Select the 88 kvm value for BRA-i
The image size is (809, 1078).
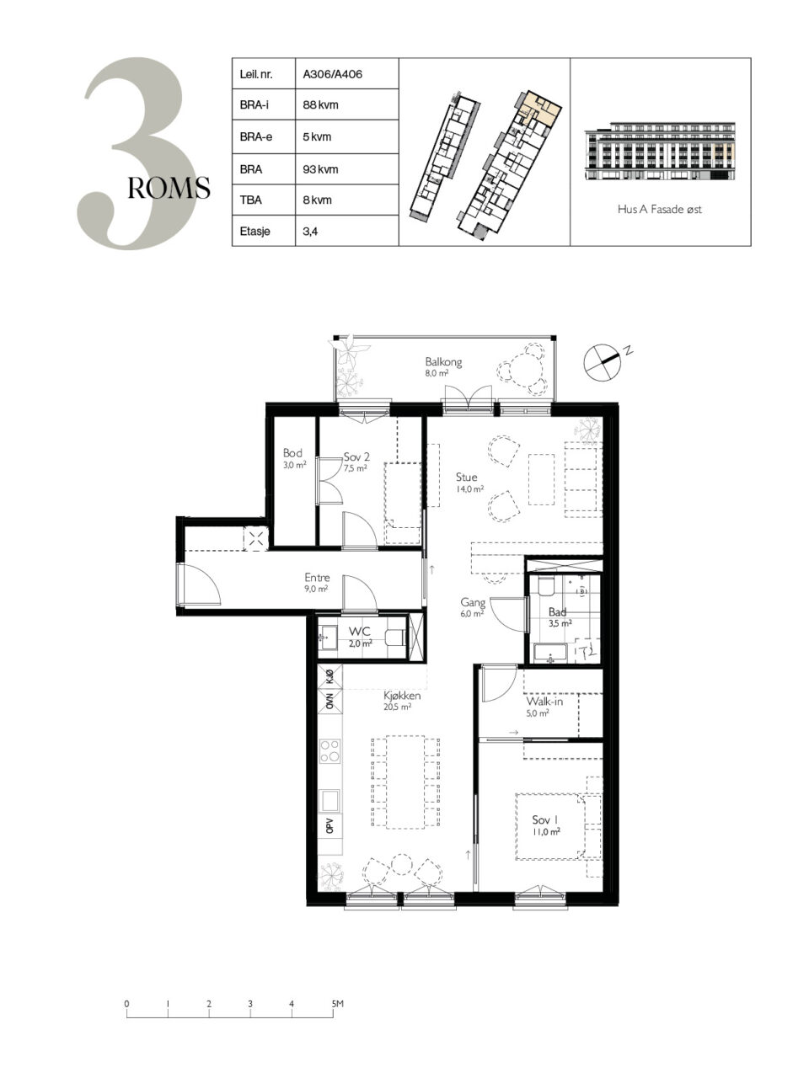tap(320, 105)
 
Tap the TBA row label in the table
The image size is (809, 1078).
tap(250, 200)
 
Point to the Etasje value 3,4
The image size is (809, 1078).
tap(310, 232)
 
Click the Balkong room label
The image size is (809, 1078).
tap(443, 362)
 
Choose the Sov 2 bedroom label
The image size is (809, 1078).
tap(356, 456)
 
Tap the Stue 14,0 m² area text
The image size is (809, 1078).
tap(469, 489)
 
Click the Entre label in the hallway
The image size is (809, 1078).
tap(317, 578)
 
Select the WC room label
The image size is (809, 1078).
tap(360, 631)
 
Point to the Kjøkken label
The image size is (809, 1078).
tap(402, 696)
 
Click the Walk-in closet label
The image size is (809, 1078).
tap(544, 702)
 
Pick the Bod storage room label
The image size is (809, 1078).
tap(292, 453)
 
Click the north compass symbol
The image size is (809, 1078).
tap(603, 362)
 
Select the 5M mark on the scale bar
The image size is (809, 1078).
tap(337, 1004)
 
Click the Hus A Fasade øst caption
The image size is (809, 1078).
tap(659, 209)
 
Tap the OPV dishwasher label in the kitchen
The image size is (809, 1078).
tap(329, 826)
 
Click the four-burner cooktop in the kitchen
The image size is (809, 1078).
tap(329, 751)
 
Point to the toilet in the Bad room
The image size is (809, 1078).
tap(546, 586)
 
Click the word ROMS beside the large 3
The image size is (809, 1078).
tap(169, 188)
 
